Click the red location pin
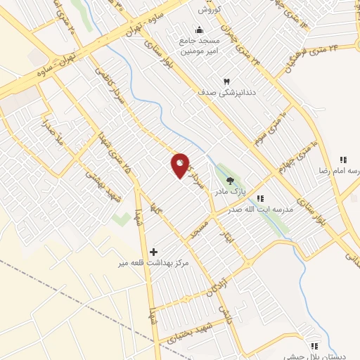click(x=180, y=165)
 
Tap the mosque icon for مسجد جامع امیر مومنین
click(x=200, y=30)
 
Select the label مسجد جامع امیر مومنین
click(x=200, y=46)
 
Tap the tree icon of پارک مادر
click(x=230, y=181)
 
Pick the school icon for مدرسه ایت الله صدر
click(x=260, y=199)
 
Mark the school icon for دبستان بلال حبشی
click(x=314, y=346)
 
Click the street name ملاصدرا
click(x=53, y=133)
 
